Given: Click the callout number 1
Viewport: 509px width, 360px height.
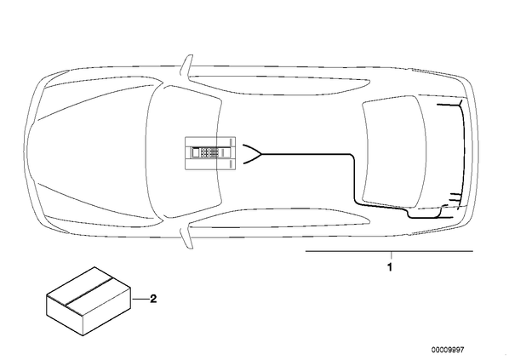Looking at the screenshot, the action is [390, 267].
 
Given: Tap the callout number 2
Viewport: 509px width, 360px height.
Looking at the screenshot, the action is [153, 299].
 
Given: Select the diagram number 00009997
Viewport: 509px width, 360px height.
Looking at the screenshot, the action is [448, 350].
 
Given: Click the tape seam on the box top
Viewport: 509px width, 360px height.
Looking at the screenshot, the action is [89, 292].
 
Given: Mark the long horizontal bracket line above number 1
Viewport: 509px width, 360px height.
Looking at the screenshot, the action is [389, 251].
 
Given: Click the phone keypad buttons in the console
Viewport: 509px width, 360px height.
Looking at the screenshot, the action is [209, 153].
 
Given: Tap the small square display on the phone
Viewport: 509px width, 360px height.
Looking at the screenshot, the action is [196, 152].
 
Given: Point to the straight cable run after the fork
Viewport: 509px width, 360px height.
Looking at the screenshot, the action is [305, 154].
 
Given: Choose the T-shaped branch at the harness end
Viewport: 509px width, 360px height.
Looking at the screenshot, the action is [460, 105].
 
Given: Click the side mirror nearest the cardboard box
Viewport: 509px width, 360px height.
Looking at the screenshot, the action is [187, 238].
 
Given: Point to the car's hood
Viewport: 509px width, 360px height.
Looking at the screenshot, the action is [94, 152].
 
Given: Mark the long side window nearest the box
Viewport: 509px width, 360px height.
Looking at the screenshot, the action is [279, 218].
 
